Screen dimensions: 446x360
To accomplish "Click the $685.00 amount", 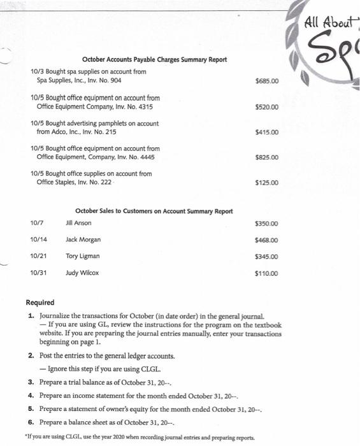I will point(266,82).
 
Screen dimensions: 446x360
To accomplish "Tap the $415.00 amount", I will point(266,133).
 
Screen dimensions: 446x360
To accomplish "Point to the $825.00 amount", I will point(266,157).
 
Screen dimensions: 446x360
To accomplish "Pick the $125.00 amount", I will point(266,183).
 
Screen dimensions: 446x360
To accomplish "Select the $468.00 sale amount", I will point(266,241).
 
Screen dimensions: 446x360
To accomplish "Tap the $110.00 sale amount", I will point(266,275).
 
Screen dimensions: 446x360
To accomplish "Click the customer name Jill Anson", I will point(78,223).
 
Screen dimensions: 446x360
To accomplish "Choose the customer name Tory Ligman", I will point(82,256).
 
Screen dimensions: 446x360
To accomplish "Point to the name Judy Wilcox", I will point(82,273).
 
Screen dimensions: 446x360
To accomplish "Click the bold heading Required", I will point(40,303).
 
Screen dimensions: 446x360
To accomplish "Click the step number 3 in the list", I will point(31,382).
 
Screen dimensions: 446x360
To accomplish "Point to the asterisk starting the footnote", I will point(26,438).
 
